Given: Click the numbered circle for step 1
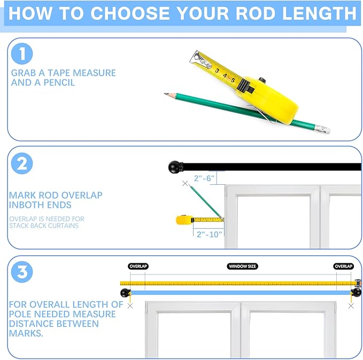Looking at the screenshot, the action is (22, 53).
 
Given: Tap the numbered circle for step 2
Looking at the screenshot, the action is (22, 163).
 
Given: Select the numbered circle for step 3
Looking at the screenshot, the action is (22, 272).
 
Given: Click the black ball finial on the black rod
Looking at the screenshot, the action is (175, 167).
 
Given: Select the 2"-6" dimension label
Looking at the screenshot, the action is (204, 178).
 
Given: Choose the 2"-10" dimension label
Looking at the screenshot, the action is (209, 234).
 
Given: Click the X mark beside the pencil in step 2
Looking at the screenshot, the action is (185, 183).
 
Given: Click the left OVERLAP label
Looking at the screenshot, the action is (138, 267).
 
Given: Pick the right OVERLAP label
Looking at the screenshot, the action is (344, 267).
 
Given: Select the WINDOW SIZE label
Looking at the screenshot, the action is (242, 267).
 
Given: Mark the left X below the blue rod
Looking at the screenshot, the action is (130, 306).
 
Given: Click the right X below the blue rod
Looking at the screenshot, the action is (351, 306).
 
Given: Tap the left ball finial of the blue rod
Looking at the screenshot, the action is (125, 293).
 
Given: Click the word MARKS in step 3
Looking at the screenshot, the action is (26, 333).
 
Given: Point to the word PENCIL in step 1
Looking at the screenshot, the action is (59, 82).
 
